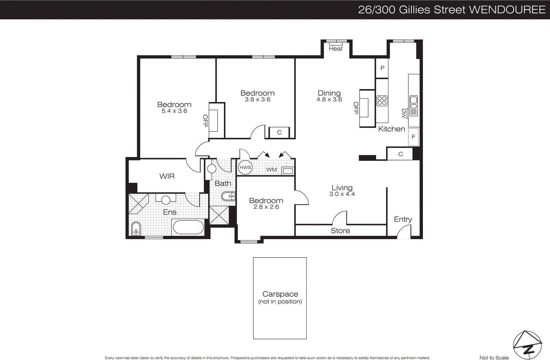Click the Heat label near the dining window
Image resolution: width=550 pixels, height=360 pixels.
click(335, 49)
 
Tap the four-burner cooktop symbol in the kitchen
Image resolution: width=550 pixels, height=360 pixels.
click(382, 101)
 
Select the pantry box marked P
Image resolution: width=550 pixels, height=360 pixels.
click(382, 68)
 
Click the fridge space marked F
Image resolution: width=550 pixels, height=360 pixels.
click(413, 137)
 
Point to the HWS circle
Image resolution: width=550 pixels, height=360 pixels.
click(245, 167)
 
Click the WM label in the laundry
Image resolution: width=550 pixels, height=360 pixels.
click(272, 169)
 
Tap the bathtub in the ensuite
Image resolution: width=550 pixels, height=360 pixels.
click(188, 227)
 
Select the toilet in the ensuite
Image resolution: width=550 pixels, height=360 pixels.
click(136, 229)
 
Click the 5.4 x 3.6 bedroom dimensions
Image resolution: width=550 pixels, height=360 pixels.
click(174, 111)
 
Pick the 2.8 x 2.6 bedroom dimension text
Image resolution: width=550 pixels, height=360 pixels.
click(266, 207)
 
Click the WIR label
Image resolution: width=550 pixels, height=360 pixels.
click(167, 176)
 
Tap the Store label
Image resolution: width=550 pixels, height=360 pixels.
click(340, 231)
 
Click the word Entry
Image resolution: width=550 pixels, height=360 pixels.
click(403, 219)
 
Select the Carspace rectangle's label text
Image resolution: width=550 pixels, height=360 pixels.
click(280, 294)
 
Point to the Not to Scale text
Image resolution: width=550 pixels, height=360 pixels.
click(494, 358)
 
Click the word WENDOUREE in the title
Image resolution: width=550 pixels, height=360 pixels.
click(507, 10)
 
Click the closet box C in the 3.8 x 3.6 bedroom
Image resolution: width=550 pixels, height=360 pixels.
click(279, 132)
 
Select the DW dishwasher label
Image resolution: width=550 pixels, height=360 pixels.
click(404, 113)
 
